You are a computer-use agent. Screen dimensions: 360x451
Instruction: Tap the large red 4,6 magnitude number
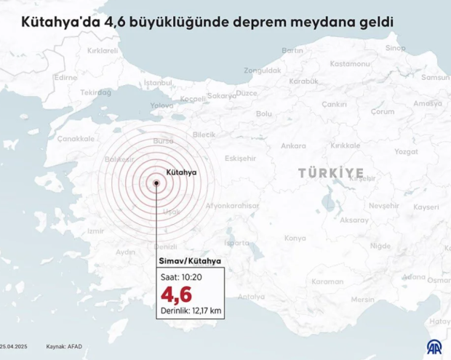tap(177, 295)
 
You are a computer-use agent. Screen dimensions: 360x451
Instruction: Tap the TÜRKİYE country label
tap(330, 172)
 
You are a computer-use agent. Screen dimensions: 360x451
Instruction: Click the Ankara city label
tap(293, 145)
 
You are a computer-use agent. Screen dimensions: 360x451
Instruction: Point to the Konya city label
tap(295, 238)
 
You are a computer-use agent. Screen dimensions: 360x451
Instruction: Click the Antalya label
tap(252, 296)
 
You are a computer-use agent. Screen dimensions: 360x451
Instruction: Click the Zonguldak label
tap(263, 71)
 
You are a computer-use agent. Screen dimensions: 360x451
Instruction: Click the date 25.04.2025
tap(15, 347)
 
